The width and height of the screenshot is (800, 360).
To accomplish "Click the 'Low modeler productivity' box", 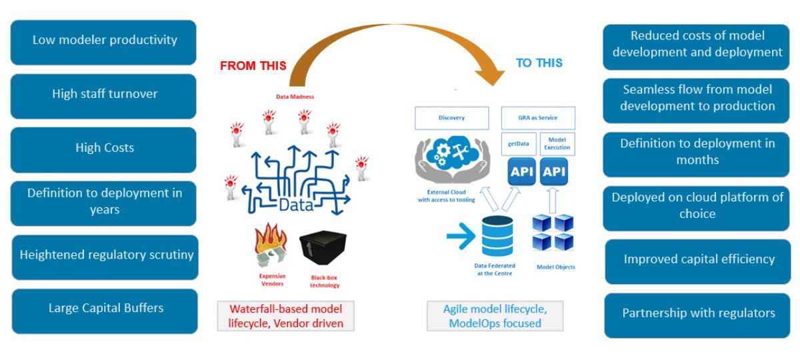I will pos(104,41).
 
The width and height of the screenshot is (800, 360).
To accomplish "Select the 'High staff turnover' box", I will pos(104,95).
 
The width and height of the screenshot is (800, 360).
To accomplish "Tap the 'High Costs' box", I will pos(104,149).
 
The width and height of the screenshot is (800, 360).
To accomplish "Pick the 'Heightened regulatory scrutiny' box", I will pos(105,256).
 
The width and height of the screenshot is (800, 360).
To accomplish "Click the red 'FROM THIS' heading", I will pos(253,66).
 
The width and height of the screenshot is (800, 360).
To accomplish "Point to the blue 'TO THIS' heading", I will pos(539,63).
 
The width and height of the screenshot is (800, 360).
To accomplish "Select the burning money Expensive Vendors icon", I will pos(271,247).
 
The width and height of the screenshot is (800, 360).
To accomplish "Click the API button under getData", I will pos(521,172).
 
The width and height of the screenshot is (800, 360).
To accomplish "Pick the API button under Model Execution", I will pos(555,172).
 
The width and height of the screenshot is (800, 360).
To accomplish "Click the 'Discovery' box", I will pos(452,118).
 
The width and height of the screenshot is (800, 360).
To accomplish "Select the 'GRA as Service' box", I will pos(537,118).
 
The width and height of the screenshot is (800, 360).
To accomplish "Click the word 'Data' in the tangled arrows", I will pos(296,205).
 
